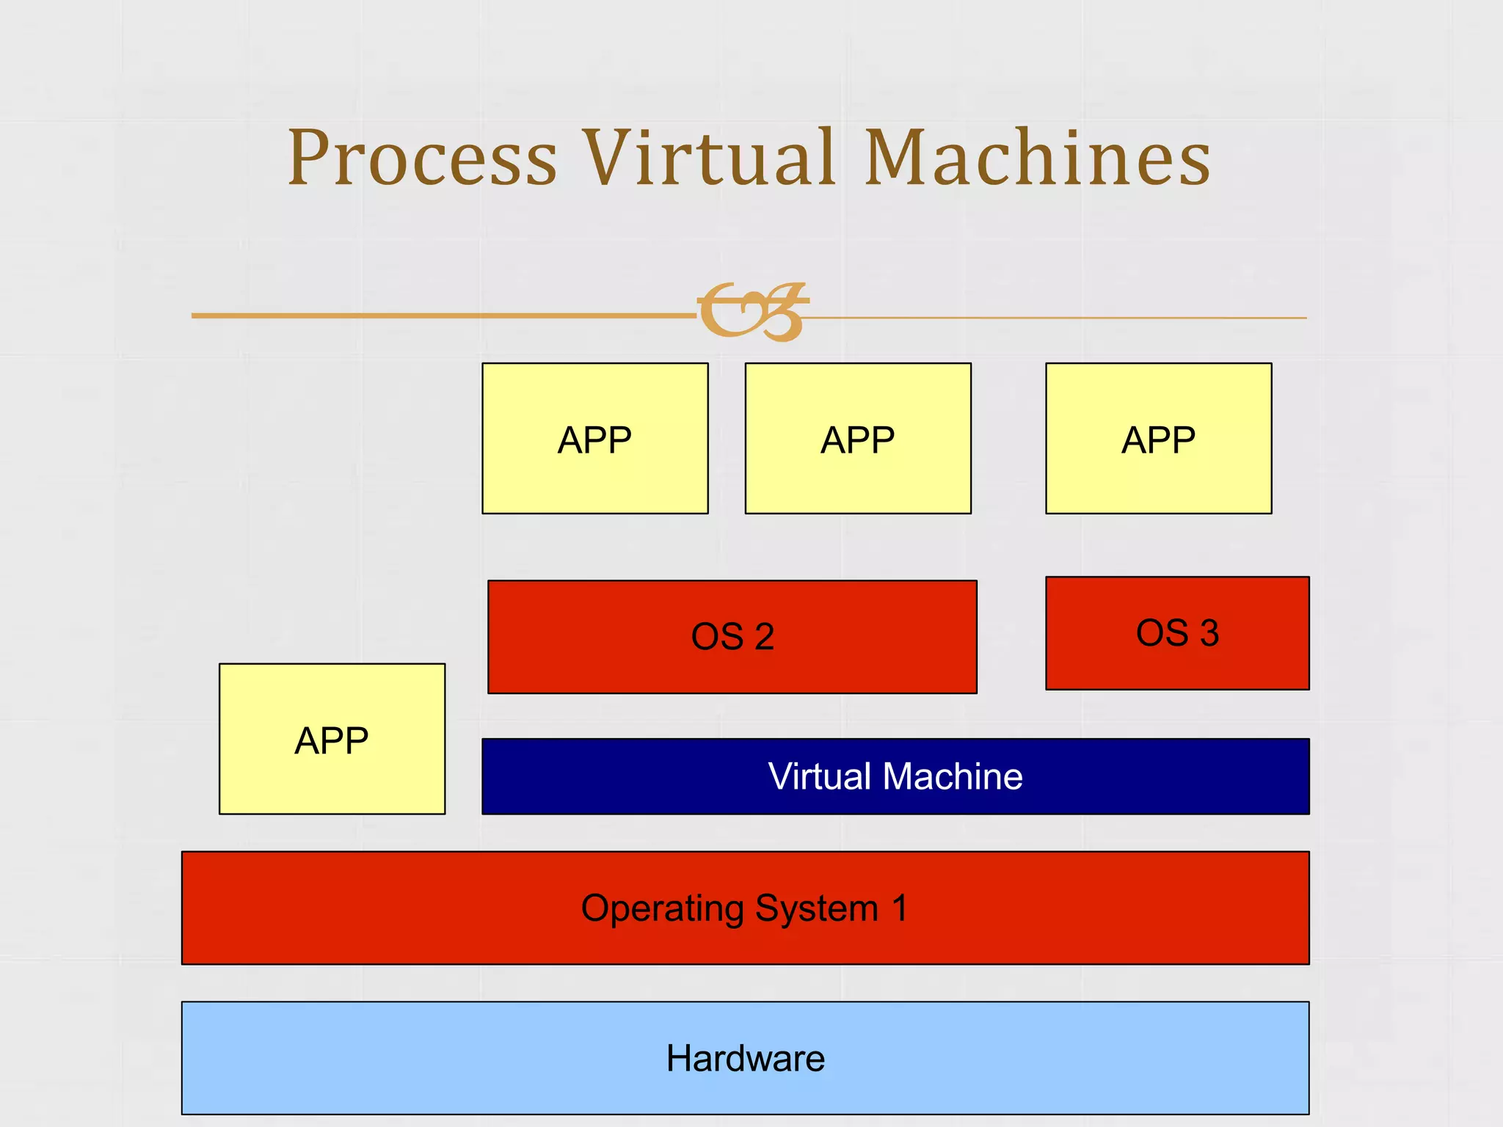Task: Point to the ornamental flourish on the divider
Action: pyautogui.click(x=752, y=312)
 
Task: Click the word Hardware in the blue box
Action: pyautogui.click(x=745, y=1058)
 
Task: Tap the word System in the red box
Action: pyautogui.click(x=816, y=908)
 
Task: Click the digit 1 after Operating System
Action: pyautogui.click(x=900, y=908)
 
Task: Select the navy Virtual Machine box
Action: pyautogui.click(x=895, y=776)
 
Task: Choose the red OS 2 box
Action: pyautogui.click(x=732, y=636)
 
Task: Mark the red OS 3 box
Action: pyautogui.click(x=1177, y=632)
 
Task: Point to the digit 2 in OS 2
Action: pyautogui.click(x=764, y=636)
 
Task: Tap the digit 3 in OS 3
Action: pyautogui.click(x=1209, y=632)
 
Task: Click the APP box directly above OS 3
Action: pyautogui.click(x=1158, y=439)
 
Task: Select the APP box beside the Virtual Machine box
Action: pyautogui.click(x=332, y=739)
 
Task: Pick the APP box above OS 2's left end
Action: pyautogui.click(x=594, y=439)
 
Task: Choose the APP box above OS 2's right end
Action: pyautogui.click(x=857, y=439)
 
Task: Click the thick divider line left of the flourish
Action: pyautogui.click(x=440, y=316)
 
